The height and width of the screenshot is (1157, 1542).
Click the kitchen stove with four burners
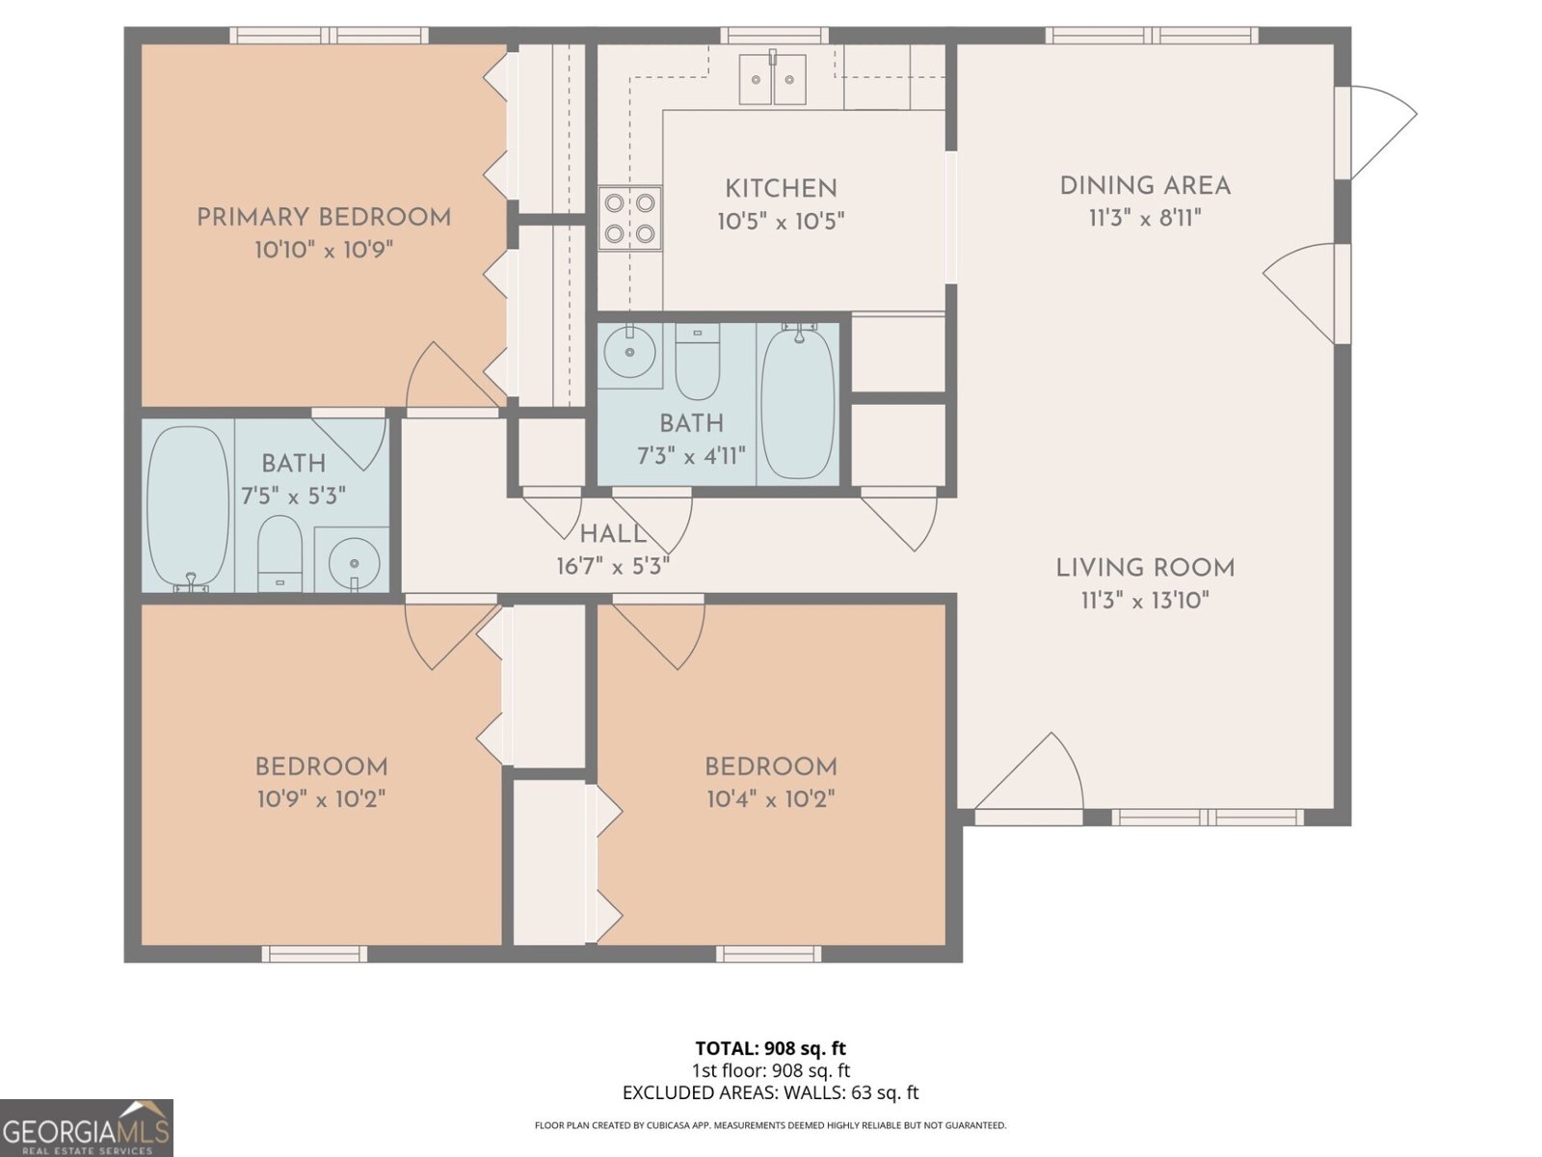point(629,218)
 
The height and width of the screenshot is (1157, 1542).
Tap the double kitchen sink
point(772,79)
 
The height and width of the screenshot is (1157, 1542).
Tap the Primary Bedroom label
point(324,218)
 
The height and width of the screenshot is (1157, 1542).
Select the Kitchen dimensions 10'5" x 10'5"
point(781,222)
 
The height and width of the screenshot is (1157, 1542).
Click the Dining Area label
point(1145,186)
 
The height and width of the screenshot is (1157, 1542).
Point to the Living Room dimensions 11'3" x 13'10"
point(1145,601)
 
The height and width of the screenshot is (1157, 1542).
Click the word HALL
point(613,534)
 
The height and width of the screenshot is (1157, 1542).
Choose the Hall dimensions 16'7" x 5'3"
point(613,566)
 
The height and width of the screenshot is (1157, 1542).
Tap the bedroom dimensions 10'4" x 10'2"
point(771,799)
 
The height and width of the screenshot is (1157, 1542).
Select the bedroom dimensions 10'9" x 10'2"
point(322,799)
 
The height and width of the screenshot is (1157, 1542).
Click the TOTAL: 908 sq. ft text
point(771,1048)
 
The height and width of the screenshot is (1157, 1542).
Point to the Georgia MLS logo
point(87,1128)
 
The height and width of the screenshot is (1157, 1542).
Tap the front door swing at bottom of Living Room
point(1030,772)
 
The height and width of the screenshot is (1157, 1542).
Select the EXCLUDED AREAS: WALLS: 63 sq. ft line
point(771,1092)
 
